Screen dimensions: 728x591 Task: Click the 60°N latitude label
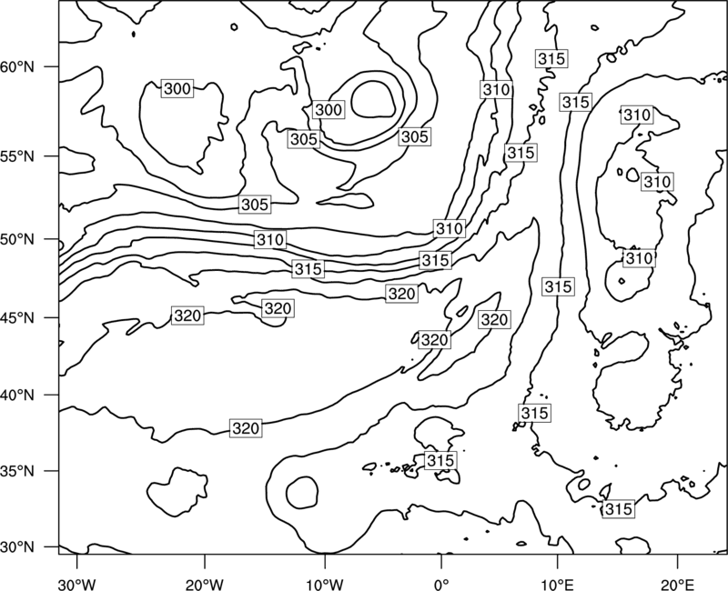tap(17, 66)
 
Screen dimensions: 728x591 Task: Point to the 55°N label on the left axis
tap(17, 156)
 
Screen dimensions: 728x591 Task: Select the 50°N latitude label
tap(17, 239)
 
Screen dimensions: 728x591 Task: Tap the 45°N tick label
tap(17, 317)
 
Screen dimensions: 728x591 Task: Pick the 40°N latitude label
tap(17, 395)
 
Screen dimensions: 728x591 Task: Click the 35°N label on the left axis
tap(17, 471)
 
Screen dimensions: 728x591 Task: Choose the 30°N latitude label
tap(17, 547)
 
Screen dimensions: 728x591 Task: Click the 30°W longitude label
tap(77, 585)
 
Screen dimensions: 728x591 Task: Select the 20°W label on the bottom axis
tap(205, 585)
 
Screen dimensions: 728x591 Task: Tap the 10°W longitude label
tap(325, 585)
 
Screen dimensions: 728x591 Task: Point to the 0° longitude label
tap(441, 585)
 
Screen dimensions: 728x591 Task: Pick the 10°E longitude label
tap(557, 585)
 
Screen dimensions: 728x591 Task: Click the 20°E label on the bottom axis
tap(677, 585)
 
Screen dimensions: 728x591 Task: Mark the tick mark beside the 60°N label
tap(52, 66)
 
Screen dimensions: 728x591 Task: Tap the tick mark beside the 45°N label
tap(52, 317)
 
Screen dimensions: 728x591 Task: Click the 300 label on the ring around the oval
tap(329, 110)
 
